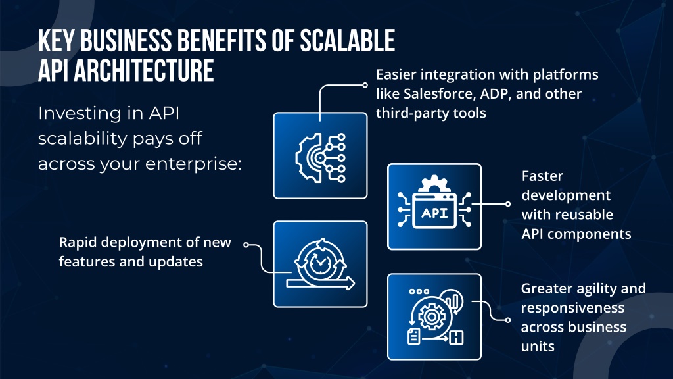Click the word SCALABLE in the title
point(347,41)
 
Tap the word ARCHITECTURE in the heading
point(144,71)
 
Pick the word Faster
point(542,176)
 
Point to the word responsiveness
point(572,308)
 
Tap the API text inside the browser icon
point(434,213)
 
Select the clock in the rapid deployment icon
point(319,263)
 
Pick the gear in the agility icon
point(431,317)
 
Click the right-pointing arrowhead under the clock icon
point(351,283)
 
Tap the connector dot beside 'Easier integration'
point(365,85)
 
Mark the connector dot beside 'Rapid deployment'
point(246,245)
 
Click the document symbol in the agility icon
point(414,336)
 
